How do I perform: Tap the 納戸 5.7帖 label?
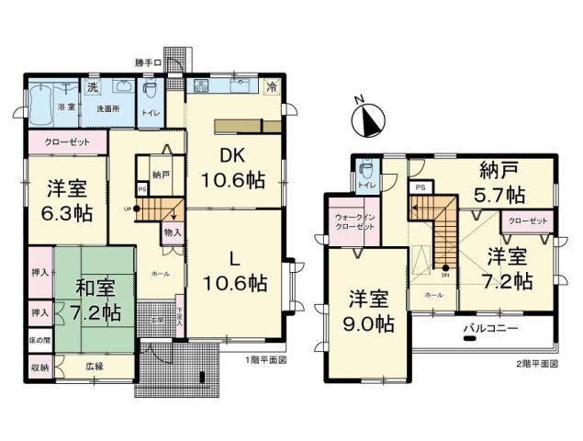(x=501, y=183)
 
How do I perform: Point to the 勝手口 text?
(x=148, y=63)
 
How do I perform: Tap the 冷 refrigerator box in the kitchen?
(x=272, y=88)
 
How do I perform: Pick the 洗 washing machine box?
(x=92, y=87)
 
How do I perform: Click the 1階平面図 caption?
(x=265, y=360)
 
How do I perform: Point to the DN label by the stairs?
(x=444, y=274)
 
